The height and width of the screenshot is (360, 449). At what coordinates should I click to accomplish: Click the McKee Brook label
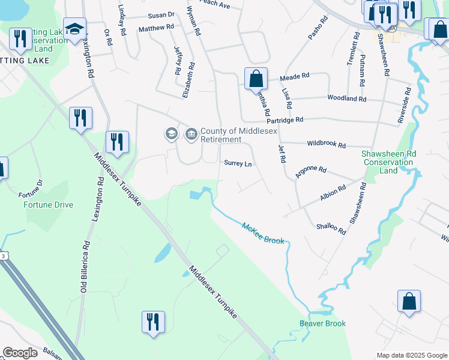[x=263, y=233]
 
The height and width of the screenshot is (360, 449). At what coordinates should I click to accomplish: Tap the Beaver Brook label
[x=323, y=323]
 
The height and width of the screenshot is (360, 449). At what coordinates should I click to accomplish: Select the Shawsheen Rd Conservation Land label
[x=388, y=162]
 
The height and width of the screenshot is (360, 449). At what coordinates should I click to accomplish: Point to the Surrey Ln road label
[x=237, y=163]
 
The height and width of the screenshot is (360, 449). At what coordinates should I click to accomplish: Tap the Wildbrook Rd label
[x=326, y=145]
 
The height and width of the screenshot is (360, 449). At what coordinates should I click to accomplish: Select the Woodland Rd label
[x=346, y=98]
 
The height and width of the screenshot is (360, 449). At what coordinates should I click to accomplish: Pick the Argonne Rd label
[x=310, y=173]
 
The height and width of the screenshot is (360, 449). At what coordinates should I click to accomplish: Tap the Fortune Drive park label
[x=48, y=205]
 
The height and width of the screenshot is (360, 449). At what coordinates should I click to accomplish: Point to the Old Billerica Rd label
[x=85, y=267]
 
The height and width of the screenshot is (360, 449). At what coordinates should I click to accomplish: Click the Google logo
[x=20, y=353]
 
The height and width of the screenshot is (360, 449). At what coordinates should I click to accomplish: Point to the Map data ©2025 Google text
[x=411, y=355]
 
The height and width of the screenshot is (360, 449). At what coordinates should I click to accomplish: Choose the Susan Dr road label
[x=161, y=14]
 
